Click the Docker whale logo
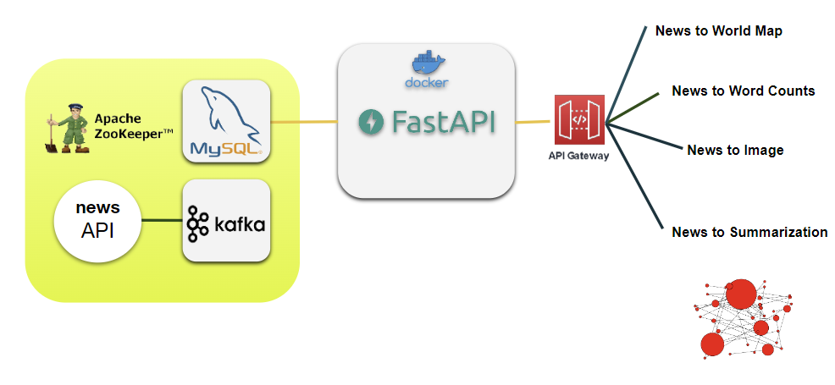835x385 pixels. tap(428, 63)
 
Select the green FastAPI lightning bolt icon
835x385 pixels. tap(372, 122)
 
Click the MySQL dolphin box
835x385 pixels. tap(226, 122)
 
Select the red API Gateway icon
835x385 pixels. tap(579, 120)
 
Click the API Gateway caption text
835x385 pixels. tap(579, 156)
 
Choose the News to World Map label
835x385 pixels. tap(718, 31)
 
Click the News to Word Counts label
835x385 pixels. tap(743, 91)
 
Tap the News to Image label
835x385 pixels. tap(735, 150)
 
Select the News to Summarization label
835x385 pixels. tap(749, 232)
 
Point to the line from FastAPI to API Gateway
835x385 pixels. tap(534, 122)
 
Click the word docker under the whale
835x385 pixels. tap(427, 83)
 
